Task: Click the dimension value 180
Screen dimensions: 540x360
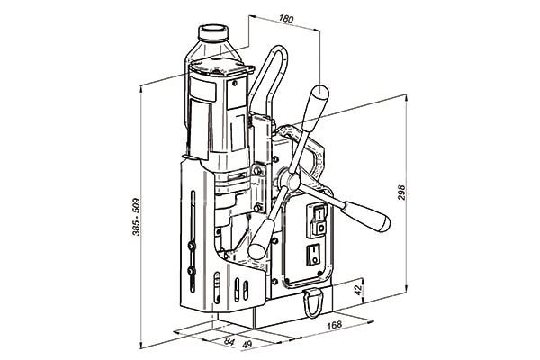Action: (286, 19)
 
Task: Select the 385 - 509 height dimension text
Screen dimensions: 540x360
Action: (137, 217)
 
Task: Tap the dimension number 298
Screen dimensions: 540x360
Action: (401, 193)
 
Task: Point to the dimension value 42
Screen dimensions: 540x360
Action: (358, 290)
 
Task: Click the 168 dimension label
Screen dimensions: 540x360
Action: (335, 325)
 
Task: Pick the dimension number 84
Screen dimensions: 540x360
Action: (229, 341)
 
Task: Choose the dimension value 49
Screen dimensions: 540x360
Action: (247, 344)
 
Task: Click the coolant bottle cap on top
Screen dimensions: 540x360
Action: (213, 32)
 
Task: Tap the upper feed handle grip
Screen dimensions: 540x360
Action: (315, 104)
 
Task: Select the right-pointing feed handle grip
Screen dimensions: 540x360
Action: (367, 216)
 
